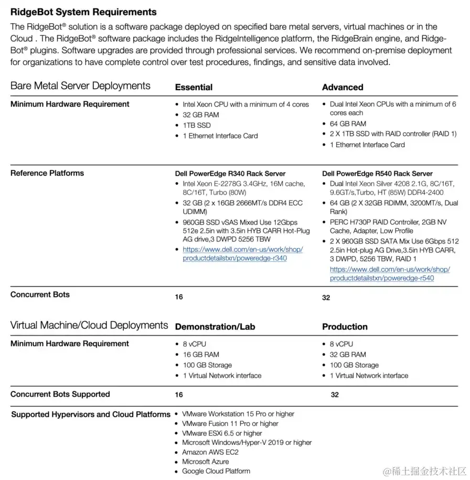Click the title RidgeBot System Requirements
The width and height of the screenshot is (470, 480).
pyautogui.click(x=83, y=12)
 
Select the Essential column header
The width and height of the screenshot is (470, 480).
pyautogui.click(x=194, y=87)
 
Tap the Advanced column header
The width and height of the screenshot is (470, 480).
pyautogui.click(x=343, y=87)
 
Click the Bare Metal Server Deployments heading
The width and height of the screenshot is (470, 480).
pyautogui.click(x=80, y=86)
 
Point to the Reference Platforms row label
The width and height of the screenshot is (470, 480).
pyautogui.click(x=47, y=173)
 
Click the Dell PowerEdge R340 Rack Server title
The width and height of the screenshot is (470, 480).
pyautogui.click(x=230, y=174)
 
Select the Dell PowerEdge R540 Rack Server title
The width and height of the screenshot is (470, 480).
pyautogui.click(x=377, y=174)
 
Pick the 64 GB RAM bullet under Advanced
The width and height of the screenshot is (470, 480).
pyautogui.click(x=348, y=124)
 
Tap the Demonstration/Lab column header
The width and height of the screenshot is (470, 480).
pyautogui.click(x=215, y=327)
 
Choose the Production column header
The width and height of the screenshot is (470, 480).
pyautogui.click(x=345, y=327)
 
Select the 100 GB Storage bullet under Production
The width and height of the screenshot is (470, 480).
pyautogui.click(x=354, y=365)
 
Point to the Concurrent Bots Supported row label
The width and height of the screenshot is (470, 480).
pyautogui.click(x=60, y=394)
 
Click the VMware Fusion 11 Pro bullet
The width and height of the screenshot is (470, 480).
pyautogui.click(x=230, y=423)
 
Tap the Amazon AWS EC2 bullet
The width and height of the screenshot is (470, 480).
pyautogui.click(x=210, y=452)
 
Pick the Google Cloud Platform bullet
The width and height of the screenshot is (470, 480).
pyautogui.click(x=216, y=471)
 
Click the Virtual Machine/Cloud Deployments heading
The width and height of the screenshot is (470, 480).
pyautogui.click(x=89, y=326)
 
